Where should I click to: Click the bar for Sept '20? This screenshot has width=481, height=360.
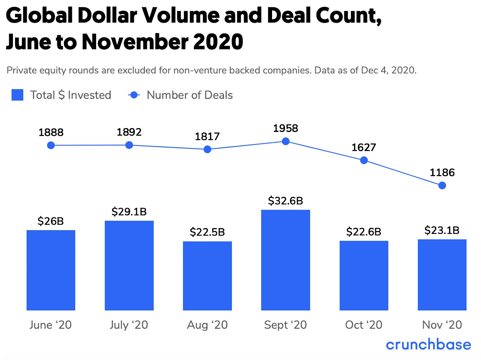pyautogui.click(x=285, y=260)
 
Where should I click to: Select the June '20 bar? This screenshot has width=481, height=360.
pyautogui.click(x=51, y=270)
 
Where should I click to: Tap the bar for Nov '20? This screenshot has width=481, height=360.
pyautogui.click(x=442, y=275)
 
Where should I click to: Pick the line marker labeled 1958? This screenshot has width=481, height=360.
pyautogui.click(x=286, y=141)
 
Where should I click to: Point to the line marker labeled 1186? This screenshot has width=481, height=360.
pyautogui.click(x=442, y=186)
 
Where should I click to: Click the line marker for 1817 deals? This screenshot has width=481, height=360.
pyautogui.click(x=207, y=149)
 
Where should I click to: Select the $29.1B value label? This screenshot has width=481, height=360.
pyautogui.click(x=129, y=212)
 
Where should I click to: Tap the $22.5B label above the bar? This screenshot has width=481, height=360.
pyautogui.click(x=207, y=232)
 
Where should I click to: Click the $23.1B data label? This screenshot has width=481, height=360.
pyautogui.click(x=442, y=230)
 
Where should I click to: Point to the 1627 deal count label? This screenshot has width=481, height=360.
pyautogui.click(x=364, y=148)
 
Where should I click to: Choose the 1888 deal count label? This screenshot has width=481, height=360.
pyautogui.click(x=51, y=133)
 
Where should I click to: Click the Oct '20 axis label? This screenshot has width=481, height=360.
pyautogui.click(x=364, y=325)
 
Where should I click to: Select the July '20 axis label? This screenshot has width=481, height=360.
pyautogui.click(x=129, y=325)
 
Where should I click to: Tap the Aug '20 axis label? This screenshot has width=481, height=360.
pyautogui.click(x=207, y=325)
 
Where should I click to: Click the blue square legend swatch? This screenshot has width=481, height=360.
pyautogui.click(x=17, y=95)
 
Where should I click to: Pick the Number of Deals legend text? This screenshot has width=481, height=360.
pyautogui.click(x=190, y=95)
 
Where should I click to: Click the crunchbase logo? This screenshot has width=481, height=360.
pyautogui.click(x=428, y=344)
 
